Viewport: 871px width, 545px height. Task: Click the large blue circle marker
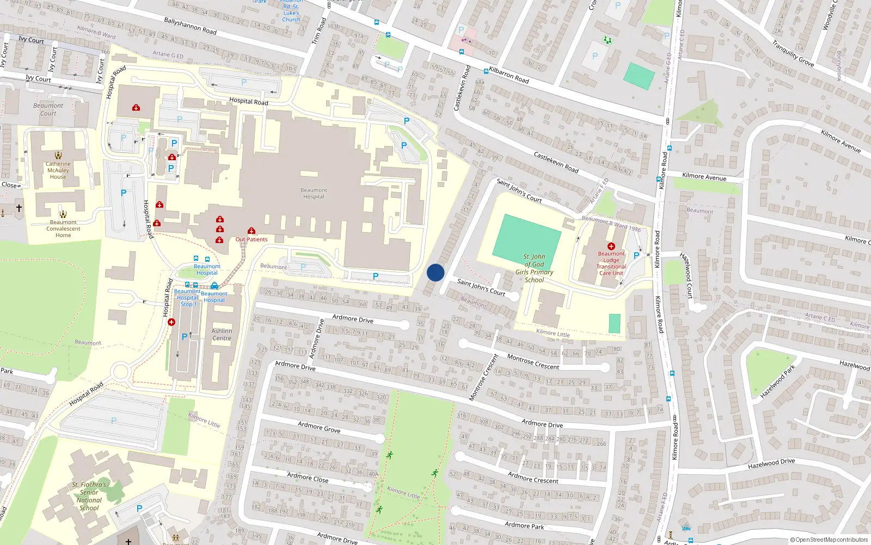tap(436, 272)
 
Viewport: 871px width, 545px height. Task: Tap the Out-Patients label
tap(252, 239)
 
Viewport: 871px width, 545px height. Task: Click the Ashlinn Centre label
tap(222, 335)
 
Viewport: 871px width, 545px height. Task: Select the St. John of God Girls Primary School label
tap(534, 268)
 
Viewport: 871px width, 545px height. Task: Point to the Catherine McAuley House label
tap(58, 170)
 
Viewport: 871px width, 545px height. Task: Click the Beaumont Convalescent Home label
tap(63, 229)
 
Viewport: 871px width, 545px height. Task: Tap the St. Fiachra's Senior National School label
tap(89, 496)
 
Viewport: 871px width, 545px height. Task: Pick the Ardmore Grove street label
tap(319, 427)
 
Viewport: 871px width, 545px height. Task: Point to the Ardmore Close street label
tap(308, 477)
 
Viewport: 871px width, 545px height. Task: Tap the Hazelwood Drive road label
tap(771, 463)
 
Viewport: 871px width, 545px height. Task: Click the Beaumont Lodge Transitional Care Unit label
tap(611, 263)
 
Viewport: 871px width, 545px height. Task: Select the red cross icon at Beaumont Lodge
tap(611, 246)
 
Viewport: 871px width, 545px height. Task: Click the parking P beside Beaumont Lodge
tap(636, 255)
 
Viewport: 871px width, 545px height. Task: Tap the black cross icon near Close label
tap(19, 208)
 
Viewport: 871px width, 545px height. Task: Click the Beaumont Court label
tap(48, 110)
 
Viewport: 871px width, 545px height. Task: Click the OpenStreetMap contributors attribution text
tap(829, 540)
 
